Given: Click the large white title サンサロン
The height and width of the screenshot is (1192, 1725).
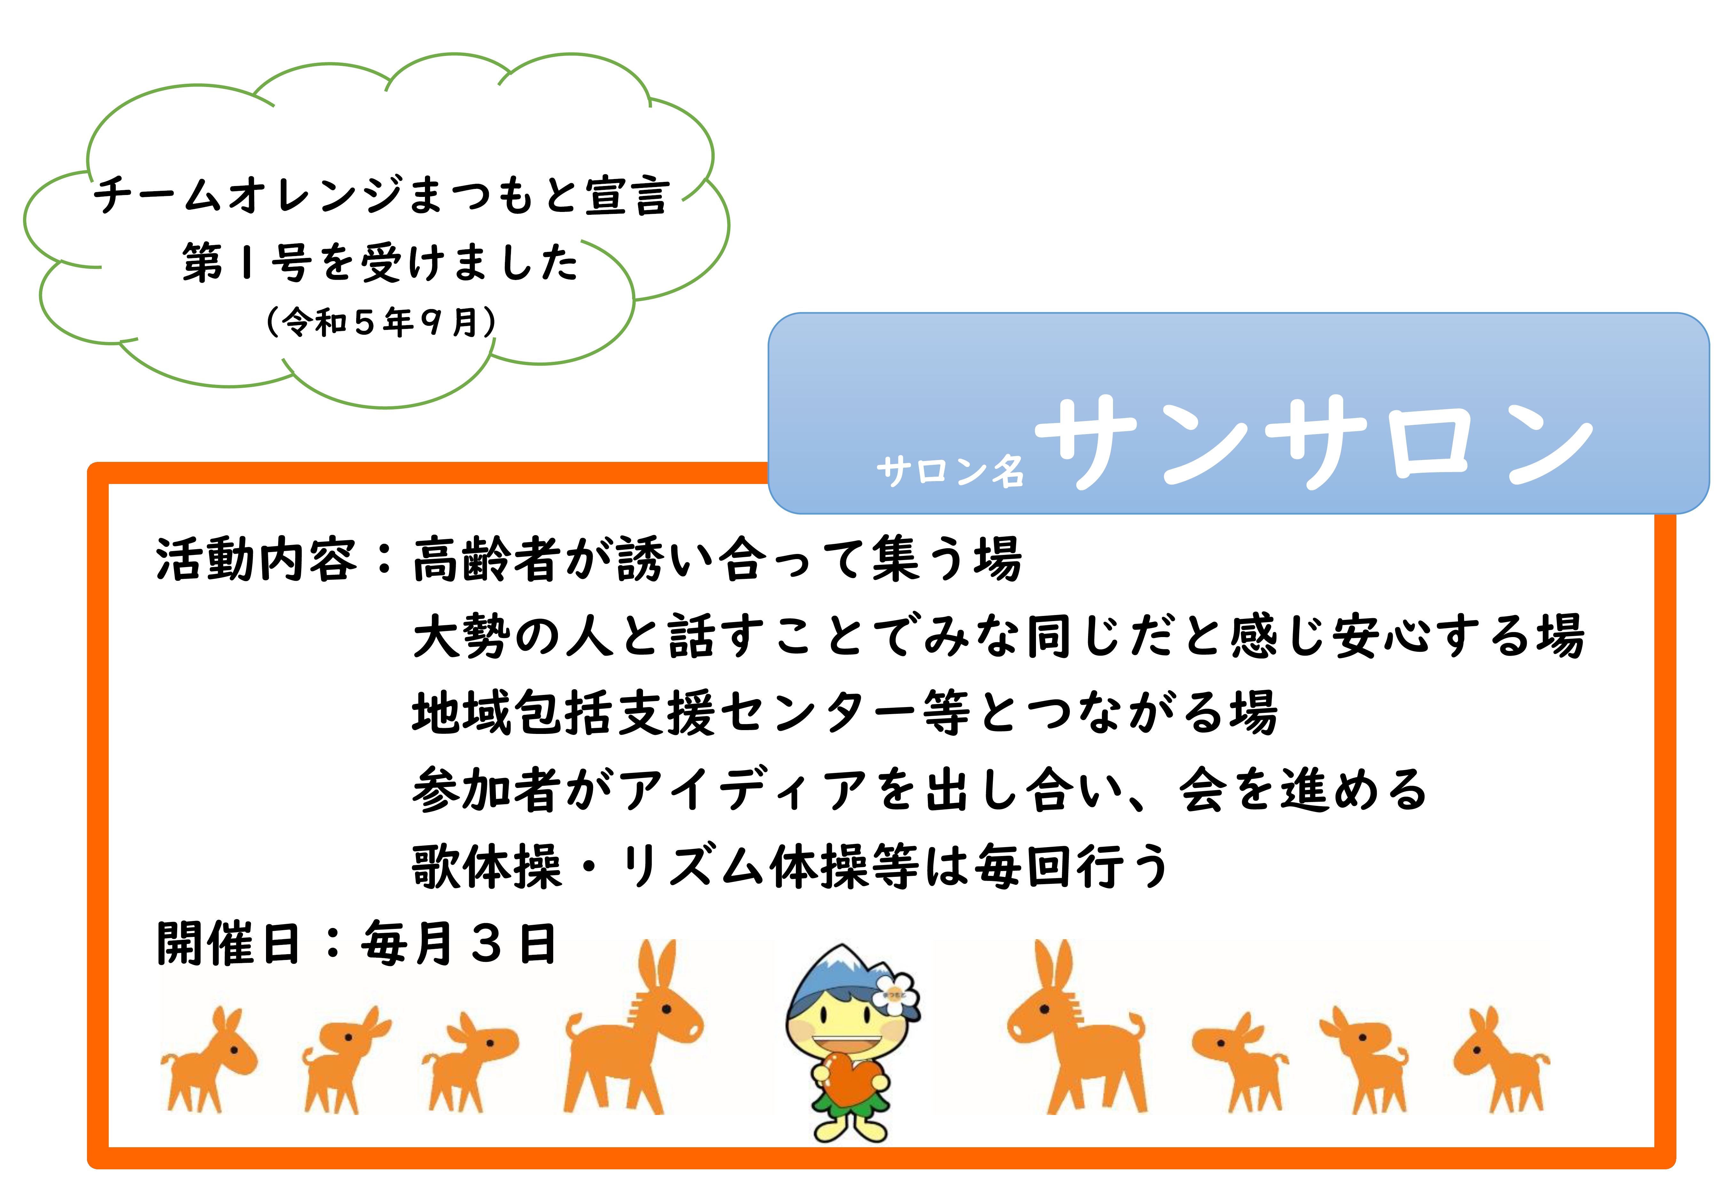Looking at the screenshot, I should point(1315,441).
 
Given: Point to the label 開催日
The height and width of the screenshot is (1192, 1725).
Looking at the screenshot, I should point(228,943).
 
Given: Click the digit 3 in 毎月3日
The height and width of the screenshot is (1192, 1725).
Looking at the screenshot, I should point(487,943).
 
